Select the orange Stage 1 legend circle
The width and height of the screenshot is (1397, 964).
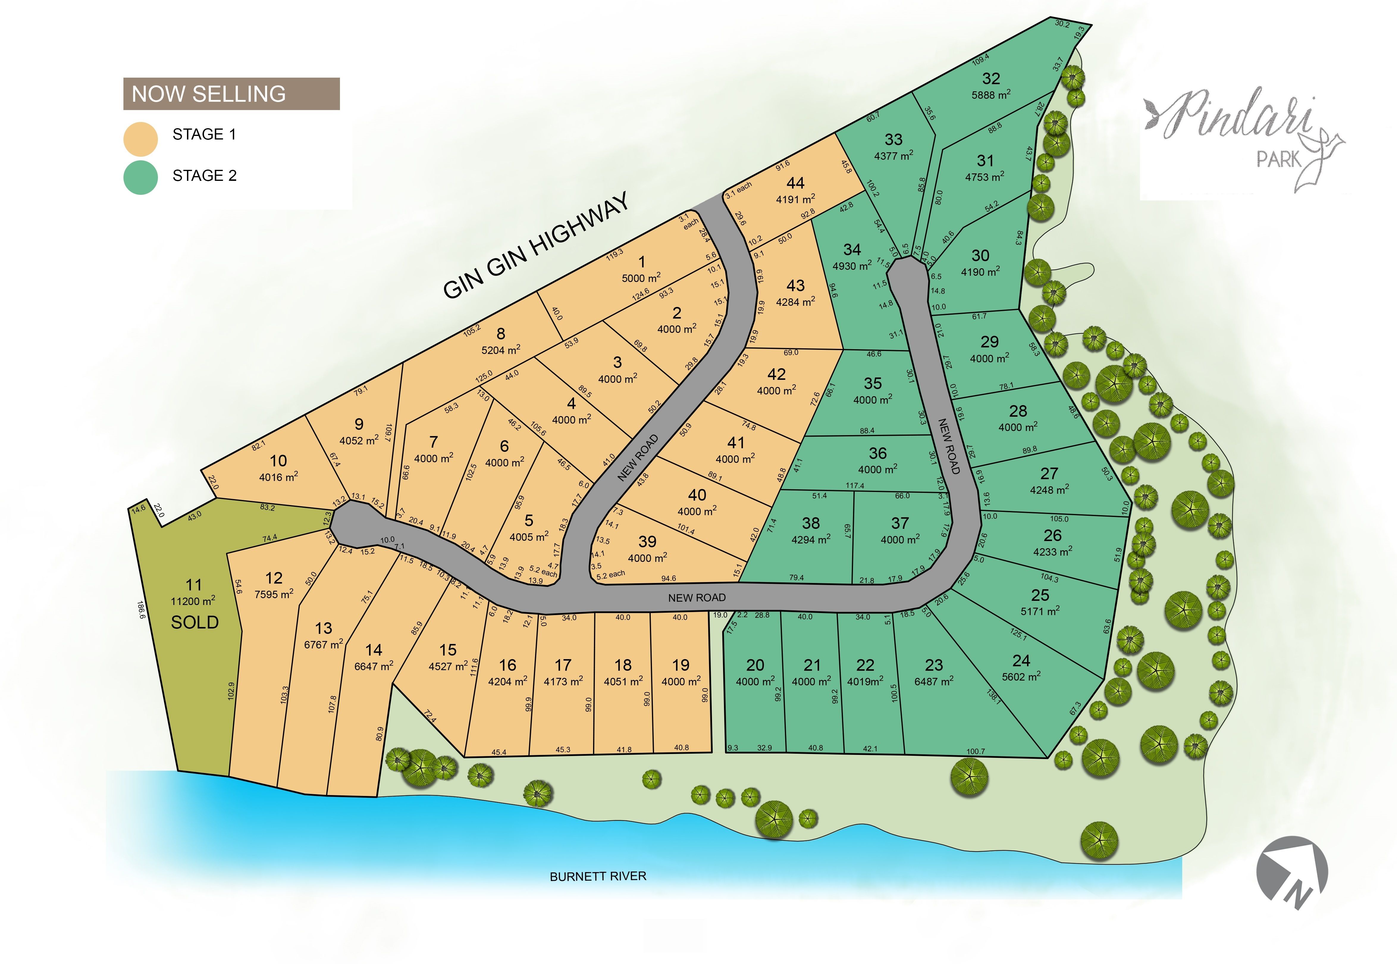141,139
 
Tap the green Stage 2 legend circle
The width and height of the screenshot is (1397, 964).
141,177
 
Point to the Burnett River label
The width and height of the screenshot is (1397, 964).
598,876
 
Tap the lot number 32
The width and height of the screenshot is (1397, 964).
991,79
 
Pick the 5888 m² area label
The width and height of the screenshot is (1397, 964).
991,95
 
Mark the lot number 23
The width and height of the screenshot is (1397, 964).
934,665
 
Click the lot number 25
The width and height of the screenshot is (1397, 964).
1040,595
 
